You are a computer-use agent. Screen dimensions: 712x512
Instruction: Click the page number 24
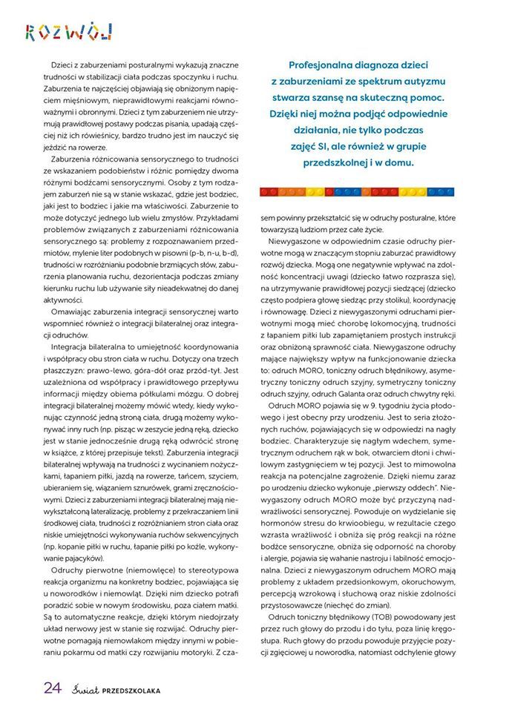pos(51,687)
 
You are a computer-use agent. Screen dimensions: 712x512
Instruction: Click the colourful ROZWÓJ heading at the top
pos(68,32)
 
